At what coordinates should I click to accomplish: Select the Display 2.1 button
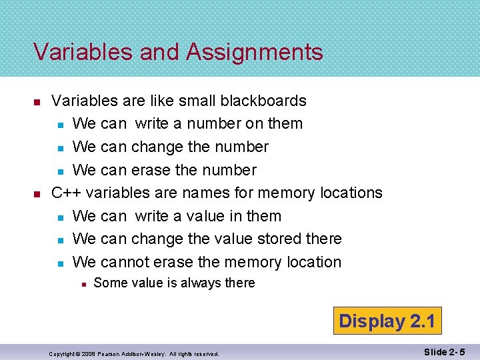pyautogui.click(x=387, y=321)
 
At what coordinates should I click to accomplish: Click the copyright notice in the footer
pyautogui.click(x=134, y=353)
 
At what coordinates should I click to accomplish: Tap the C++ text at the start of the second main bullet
pyautogui.click(x=67, y=193)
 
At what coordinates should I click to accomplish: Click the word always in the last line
pyautogui.click(x=198, y=283)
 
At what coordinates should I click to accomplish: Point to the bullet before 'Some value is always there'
pyautogui.click(x=82, y=283)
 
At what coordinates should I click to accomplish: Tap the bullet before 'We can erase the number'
pyautogui.click(x=60, y=171)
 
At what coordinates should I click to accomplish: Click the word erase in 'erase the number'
pyautogui.click(x=151, y=170)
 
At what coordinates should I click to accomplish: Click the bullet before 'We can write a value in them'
pyautogui.click(x=60, y=217)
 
